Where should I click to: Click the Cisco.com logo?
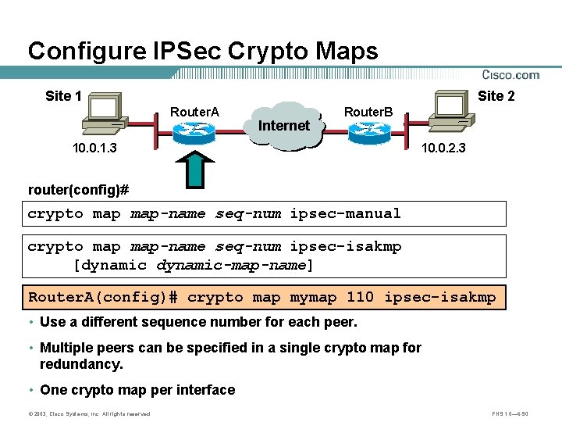click(510, 76)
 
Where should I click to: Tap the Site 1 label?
click(63, 96)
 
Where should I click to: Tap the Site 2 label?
click(496, 96)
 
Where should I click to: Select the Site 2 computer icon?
click(457, 114)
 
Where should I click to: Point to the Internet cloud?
click(283, 125)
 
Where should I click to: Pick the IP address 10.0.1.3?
click(94, 148)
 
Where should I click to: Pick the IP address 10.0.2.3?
click(443, 148)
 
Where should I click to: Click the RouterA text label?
click(194, 112)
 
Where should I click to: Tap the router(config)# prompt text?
click(78, 190)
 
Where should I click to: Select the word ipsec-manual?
click(345, 213)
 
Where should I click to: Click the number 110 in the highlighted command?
click(361, 297)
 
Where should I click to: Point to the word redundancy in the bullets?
click(81, 364)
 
